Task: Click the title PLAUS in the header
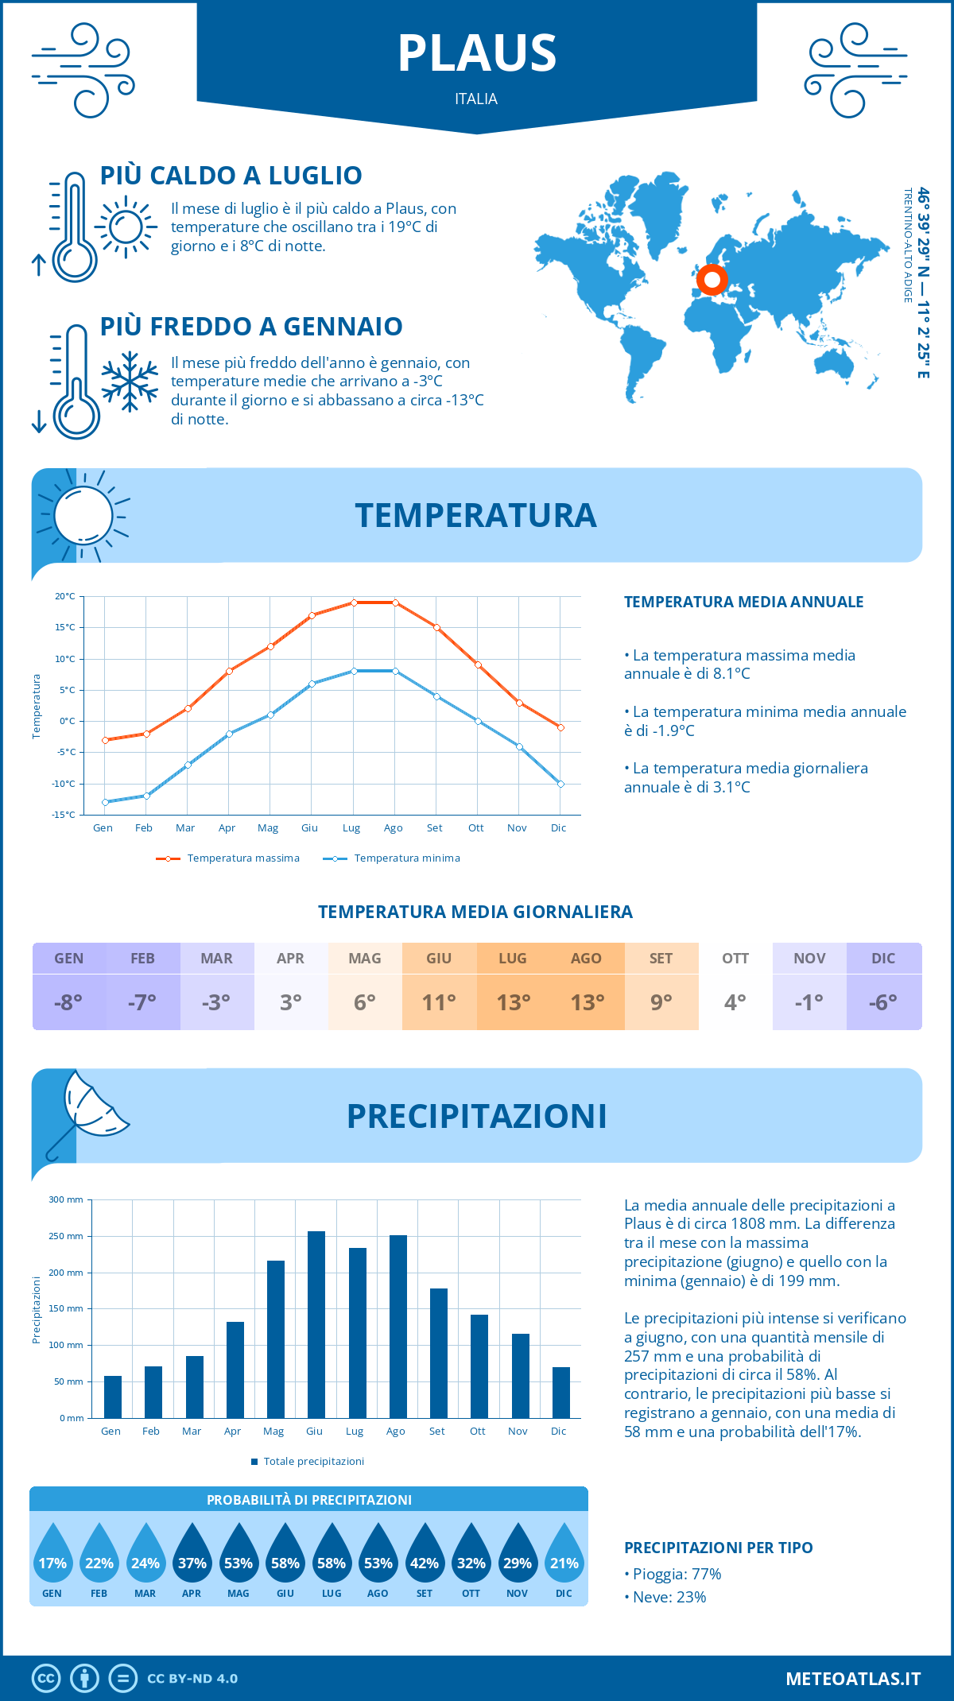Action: pos(477,53)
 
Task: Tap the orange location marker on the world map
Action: pos(712,280)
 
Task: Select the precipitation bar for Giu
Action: pos(316,1324)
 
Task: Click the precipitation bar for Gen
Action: pos(113,1397)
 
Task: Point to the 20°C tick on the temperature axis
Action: pos(65,596)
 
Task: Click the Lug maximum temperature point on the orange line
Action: pos(354,603)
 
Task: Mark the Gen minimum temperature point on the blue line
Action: pos(105,802)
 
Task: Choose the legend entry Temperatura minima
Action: pos(392,858)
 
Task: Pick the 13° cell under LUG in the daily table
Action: pos(513,1002)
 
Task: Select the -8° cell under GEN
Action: pos(68,1002)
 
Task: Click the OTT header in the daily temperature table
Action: pos(735,959)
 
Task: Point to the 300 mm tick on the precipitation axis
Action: pos(67,1199)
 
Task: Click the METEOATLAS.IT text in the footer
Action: pos(853,1679)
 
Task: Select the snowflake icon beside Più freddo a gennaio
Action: pos(130,382)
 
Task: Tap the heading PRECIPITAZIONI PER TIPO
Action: pos(718,1548)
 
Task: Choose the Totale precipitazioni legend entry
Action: pos(308,1462)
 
